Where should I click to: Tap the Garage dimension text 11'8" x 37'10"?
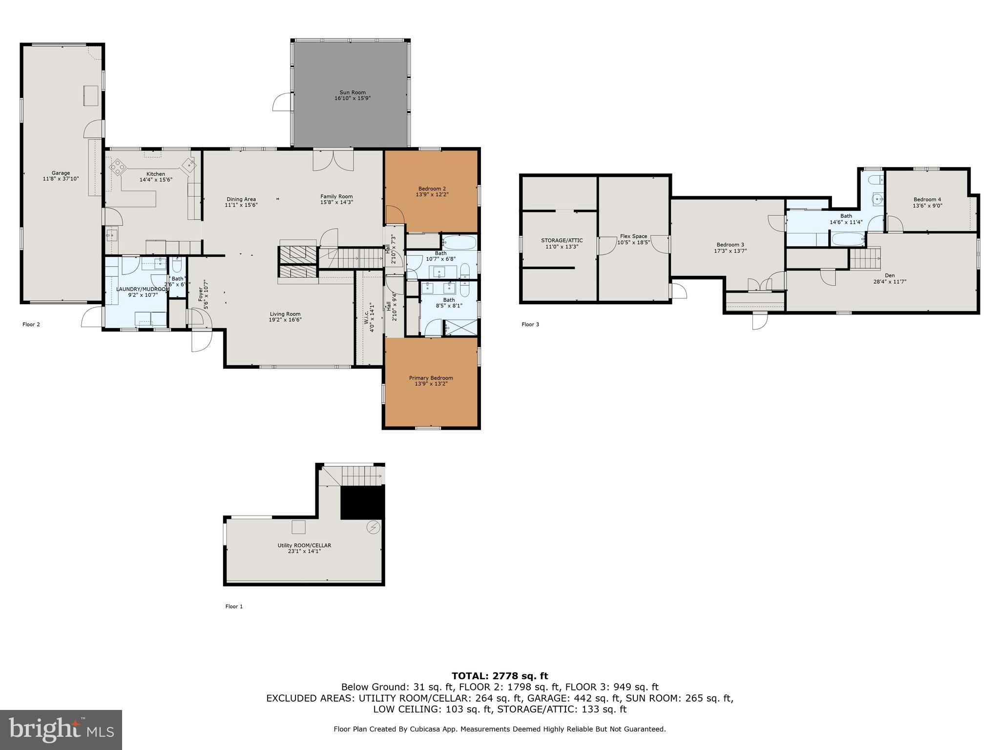point(61,179)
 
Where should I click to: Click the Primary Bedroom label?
point(431,377)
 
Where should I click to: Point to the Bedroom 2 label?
point(432,188)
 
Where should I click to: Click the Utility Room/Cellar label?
point(304,545)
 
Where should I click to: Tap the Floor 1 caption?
point(234,606)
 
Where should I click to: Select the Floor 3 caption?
point(530,324)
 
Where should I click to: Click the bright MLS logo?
point(61,729)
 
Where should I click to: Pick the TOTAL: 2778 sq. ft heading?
point(500,676)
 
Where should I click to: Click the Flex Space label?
point(633,236)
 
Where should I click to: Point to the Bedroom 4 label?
point(927,199)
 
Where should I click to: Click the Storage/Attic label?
point(562,240)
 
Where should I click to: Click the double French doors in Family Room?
point(333,160)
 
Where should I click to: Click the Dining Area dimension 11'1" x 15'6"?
point(241,205)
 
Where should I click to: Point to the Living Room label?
point(285,314)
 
